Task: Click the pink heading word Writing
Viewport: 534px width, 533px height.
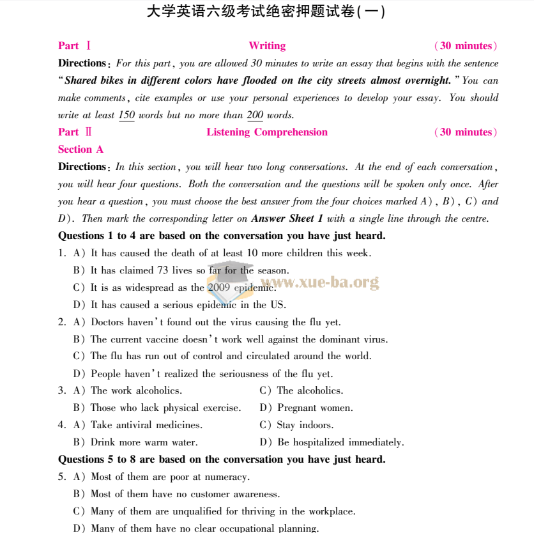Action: click(267, 46)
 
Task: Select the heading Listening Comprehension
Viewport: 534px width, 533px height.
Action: click(267, 132)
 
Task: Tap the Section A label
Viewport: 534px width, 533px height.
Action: click(80, 150)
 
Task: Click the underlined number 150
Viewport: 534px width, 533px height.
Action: click(126, 116)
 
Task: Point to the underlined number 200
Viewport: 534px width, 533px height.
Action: click(255, 116)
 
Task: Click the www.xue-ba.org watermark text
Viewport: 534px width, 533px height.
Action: click(319, 282)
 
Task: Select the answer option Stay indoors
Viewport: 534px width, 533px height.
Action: click(305, 425)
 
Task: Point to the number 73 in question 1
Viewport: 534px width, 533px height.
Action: click(162, 270)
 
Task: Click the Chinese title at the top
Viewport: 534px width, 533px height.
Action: click(266, 12)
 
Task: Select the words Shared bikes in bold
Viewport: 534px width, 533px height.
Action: click(94, 81)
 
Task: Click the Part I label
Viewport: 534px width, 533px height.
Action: click(75, 46)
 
